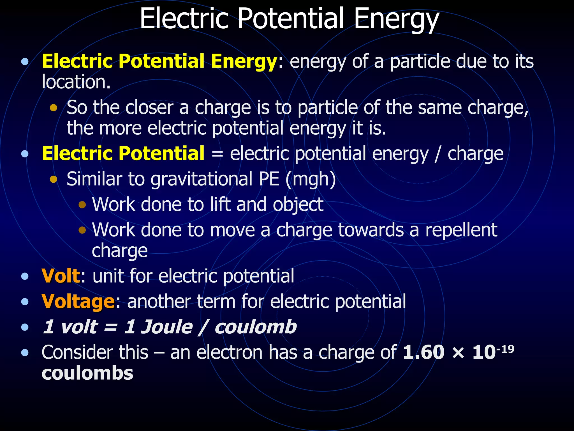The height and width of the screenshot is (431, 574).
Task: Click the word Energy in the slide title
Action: coord(396,19)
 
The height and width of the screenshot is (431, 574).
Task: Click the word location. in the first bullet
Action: coord(76,82)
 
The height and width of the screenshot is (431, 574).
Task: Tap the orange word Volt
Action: coord(61,276)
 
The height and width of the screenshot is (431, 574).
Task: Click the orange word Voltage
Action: coord(78,302)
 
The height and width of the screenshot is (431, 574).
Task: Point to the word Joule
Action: coord(167,327)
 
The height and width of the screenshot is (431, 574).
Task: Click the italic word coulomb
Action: coord(255,327)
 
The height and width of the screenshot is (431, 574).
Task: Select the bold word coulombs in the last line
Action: coord(87,373)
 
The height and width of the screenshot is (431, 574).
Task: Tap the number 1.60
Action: coord(423,352)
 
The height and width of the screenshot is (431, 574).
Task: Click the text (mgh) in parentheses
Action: coord(311,180)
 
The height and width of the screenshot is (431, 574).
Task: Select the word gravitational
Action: coord(202,180)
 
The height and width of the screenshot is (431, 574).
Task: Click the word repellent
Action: coord(461,230)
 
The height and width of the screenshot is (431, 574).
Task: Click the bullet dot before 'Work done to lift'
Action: coord(82,205)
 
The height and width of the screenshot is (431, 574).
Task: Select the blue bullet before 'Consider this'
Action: coord(25,352)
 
